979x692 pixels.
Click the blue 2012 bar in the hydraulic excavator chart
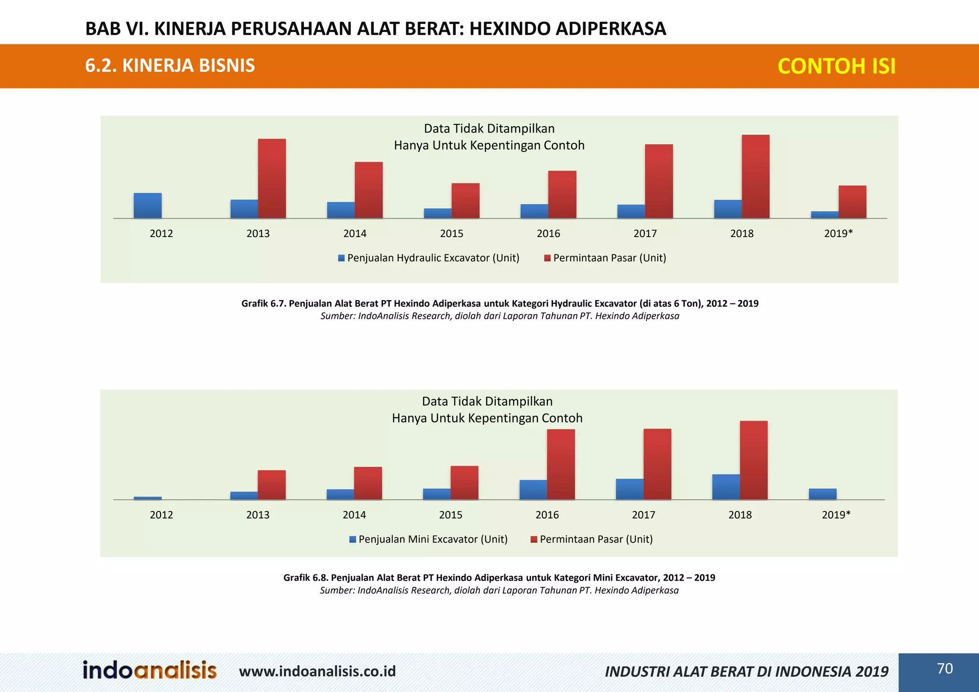148,206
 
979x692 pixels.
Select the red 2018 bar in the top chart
755,177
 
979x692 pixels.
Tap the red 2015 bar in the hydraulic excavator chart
466,201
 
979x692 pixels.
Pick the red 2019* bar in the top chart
852,202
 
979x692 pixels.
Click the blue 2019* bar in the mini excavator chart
822,494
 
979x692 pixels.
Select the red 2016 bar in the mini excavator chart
561,465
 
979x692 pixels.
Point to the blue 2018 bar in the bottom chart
726,487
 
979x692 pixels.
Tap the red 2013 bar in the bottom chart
272,485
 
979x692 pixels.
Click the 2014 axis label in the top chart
355,234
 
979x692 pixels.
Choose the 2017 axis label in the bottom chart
643,515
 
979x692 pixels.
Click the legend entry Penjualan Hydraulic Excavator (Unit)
428,258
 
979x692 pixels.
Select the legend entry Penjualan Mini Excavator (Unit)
428,540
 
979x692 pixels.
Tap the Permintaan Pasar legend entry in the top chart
605,258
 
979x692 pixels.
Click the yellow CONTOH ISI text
836,66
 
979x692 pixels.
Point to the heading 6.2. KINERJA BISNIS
170,65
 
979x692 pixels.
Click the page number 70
945,669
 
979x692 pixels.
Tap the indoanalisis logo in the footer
150,670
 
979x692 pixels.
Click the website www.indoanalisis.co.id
317,671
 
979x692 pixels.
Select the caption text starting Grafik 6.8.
499,578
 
